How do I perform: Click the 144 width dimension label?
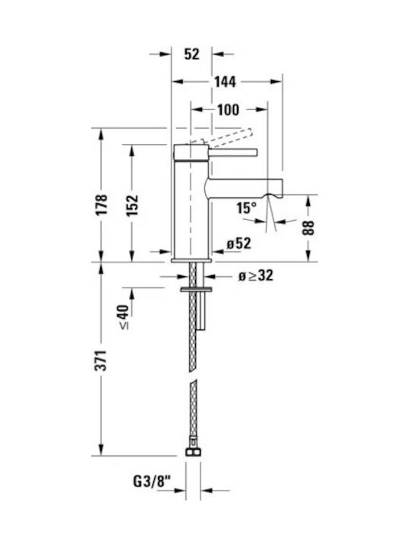tap(225, 82)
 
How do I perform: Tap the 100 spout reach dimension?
tap(229, 110)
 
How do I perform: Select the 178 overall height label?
tap(102, 205)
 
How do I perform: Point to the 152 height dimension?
tap(132, 206)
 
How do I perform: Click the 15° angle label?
tap(246, 208)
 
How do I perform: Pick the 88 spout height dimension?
tap(308, 227)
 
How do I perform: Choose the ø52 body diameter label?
tap(239, 243)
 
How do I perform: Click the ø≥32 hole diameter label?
tap(256, 276)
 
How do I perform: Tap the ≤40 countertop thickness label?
tap(124, 317)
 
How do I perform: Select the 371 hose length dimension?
tap(102, 360)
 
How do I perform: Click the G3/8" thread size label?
tap(153, 482)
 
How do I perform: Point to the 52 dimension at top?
tap(192, 54)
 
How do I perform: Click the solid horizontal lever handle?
tap(233, 152)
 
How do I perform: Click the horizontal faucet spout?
tap(244, 188)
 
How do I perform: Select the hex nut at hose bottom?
tap(193, 452)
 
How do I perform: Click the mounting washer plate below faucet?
tap(196, 289)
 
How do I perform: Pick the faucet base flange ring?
tap(191, 260)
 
